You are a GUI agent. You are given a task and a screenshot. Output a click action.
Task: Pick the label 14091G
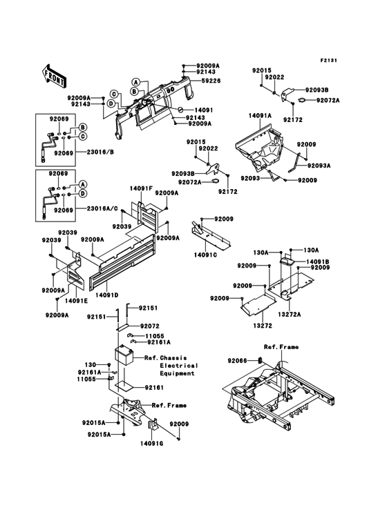tap(153, 444)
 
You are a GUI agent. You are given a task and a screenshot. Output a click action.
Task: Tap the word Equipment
tap(178, 373)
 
